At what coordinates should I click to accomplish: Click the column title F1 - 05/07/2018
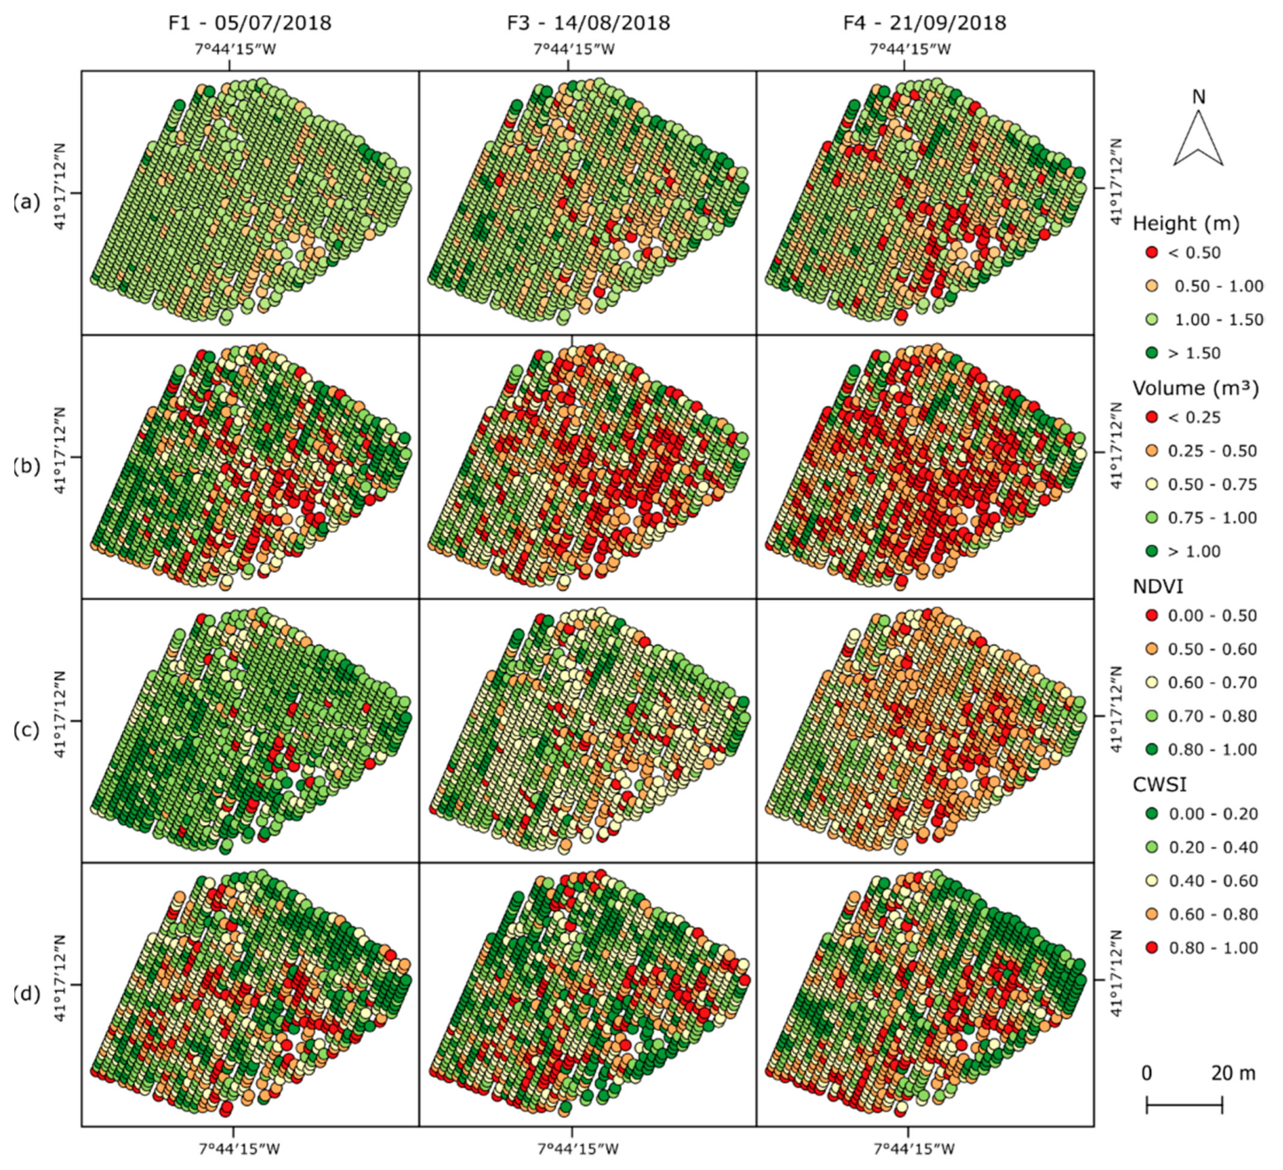click(x=250, y=23)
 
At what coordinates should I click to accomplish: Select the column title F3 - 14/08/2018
click(x=588, y=23)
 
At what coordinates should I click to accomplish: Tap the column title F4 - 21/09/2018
click(x=925, y=23)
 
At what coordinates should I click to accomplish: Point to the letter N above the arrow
click(x=1198, y=97)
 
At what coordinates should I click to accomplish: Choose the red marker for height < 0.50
click(x=1151, y=252)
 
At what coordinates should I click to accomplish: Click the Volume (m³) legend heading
click(x=1196, y=388)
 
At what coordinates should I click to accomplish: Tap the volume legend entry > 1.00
click(x=1194, y=552)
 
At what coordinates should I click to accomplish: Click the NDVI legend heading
click(x=1159, y=586)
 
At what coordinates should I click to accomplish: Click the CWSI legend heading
click(x=1160, y=784)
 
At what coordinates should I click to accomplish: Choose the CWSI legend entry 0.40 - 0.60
click(x=1213, y=881)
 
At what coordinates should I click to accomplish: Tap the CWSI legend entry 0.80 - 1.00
click(x=1213, y=948)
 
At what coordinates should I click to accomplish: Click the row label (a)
click(x=26, y=202)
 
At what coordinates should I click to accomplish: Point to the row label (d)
click(x=26, y=994)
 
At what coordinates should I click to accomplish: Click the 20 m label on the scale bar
click(x=1232, y=1073)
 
